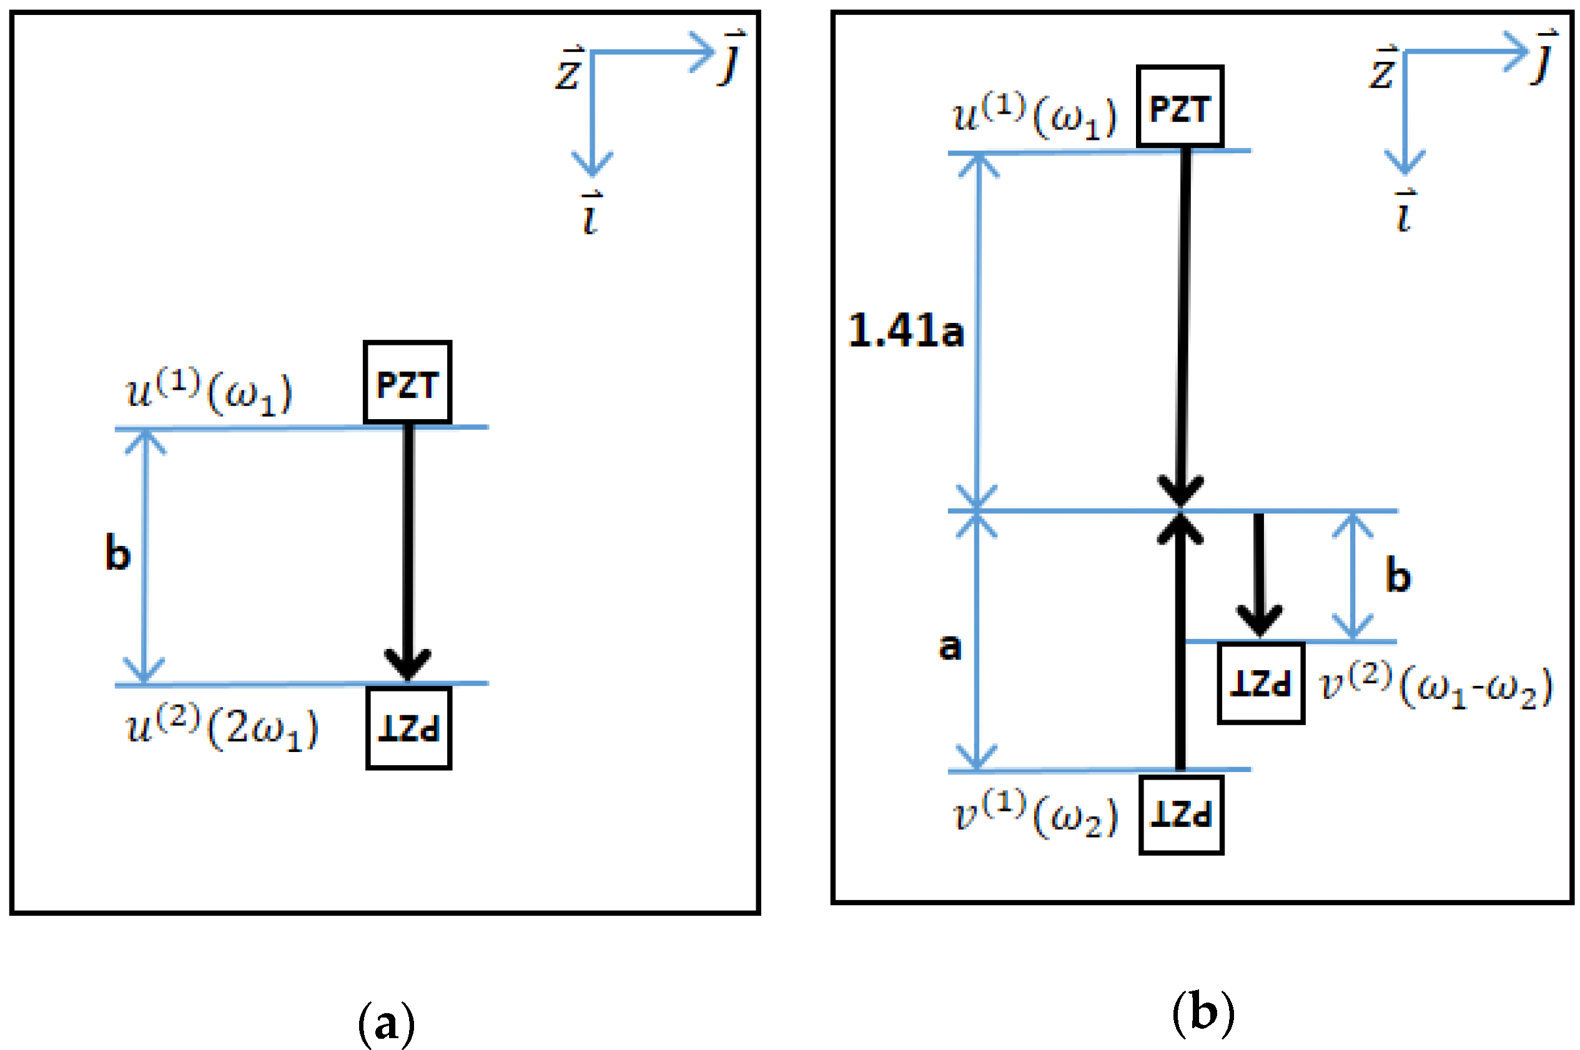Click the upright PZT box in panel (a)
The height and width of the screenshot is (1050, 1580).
pos(407,382)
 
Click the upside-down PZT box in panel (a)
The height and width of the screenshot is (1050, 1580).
pos(408,728)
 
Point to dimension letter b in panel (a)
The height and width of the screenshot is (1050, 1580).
pos(118,553)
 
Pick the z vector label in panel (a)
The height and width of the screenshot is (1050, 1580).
pos(569,69)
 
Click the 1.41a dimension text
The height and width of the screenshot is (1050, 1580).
pos(905,331)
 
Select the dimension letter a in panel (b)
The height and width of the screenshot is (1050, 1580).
pos(950,647)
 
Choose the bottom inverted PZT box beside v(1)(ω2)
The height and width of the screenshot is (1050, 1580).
pos(1181,815)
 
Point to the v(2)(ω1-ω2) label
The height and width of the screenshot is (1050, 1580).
pos(1434,686)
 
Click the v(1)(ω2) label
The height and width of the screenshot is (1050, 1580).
pos(1035,816)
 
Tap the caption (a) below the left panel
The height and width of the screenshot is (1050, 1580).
pos(387,1023)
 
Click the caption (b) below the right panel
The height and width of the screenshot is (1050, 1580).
pos(1202,1013)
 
